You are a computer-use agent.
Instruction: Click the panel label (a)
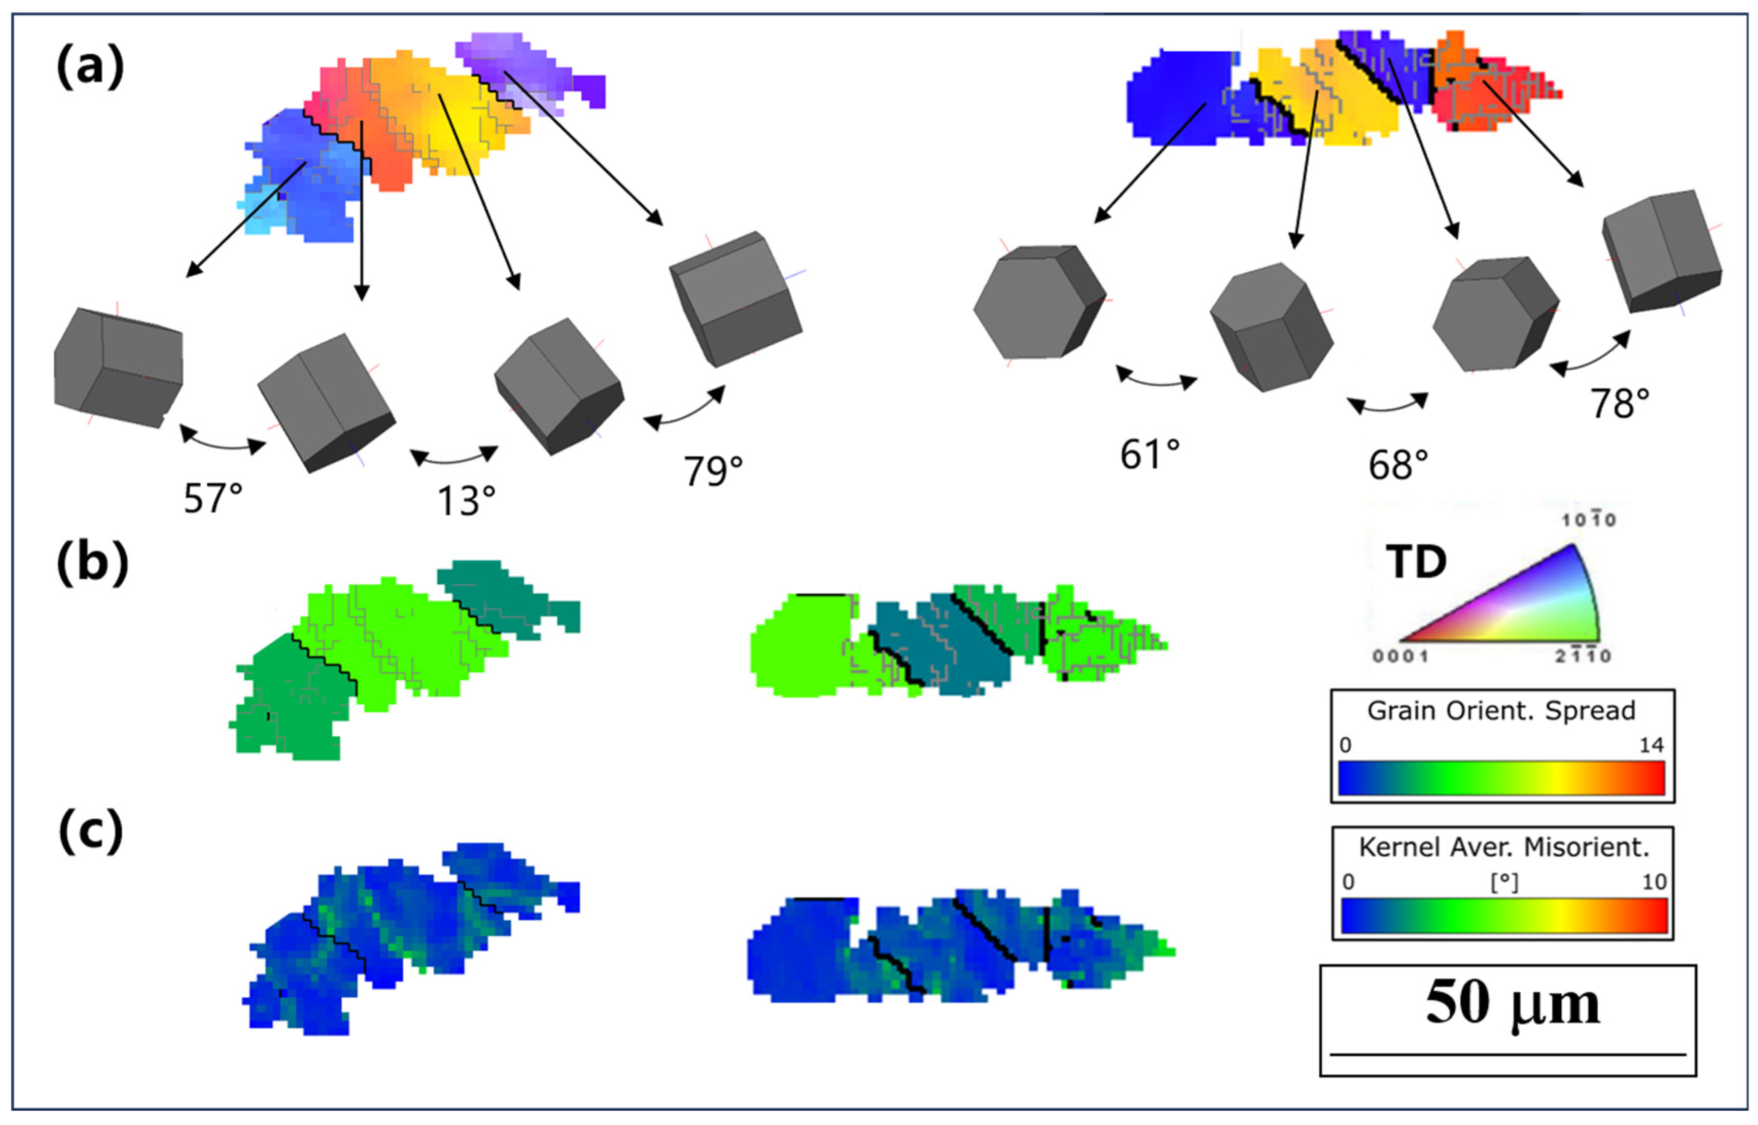90,68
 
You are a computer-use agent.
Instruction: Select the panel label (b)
92,564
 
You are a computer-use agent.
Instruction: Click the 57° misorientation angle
213,499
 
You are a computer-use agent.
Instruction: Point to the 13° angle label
466,501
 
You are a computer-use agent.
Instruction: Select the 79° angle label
713,471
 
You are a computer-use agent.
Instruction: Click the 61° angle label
1150,454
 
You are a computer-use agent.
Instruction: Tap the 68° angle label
1398,464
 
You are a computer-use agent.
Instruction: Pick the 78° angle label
1620,403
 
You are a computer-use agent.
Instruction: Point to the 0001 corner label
1400,656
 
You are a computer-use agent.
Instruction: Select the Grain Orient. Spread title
1501,710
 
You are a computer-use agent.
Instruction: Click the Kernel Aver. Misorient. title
1504,847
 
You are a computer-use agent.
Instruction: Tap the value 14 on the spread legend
1651,745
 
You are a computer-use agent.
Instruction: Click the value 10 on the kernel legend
1654,882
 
